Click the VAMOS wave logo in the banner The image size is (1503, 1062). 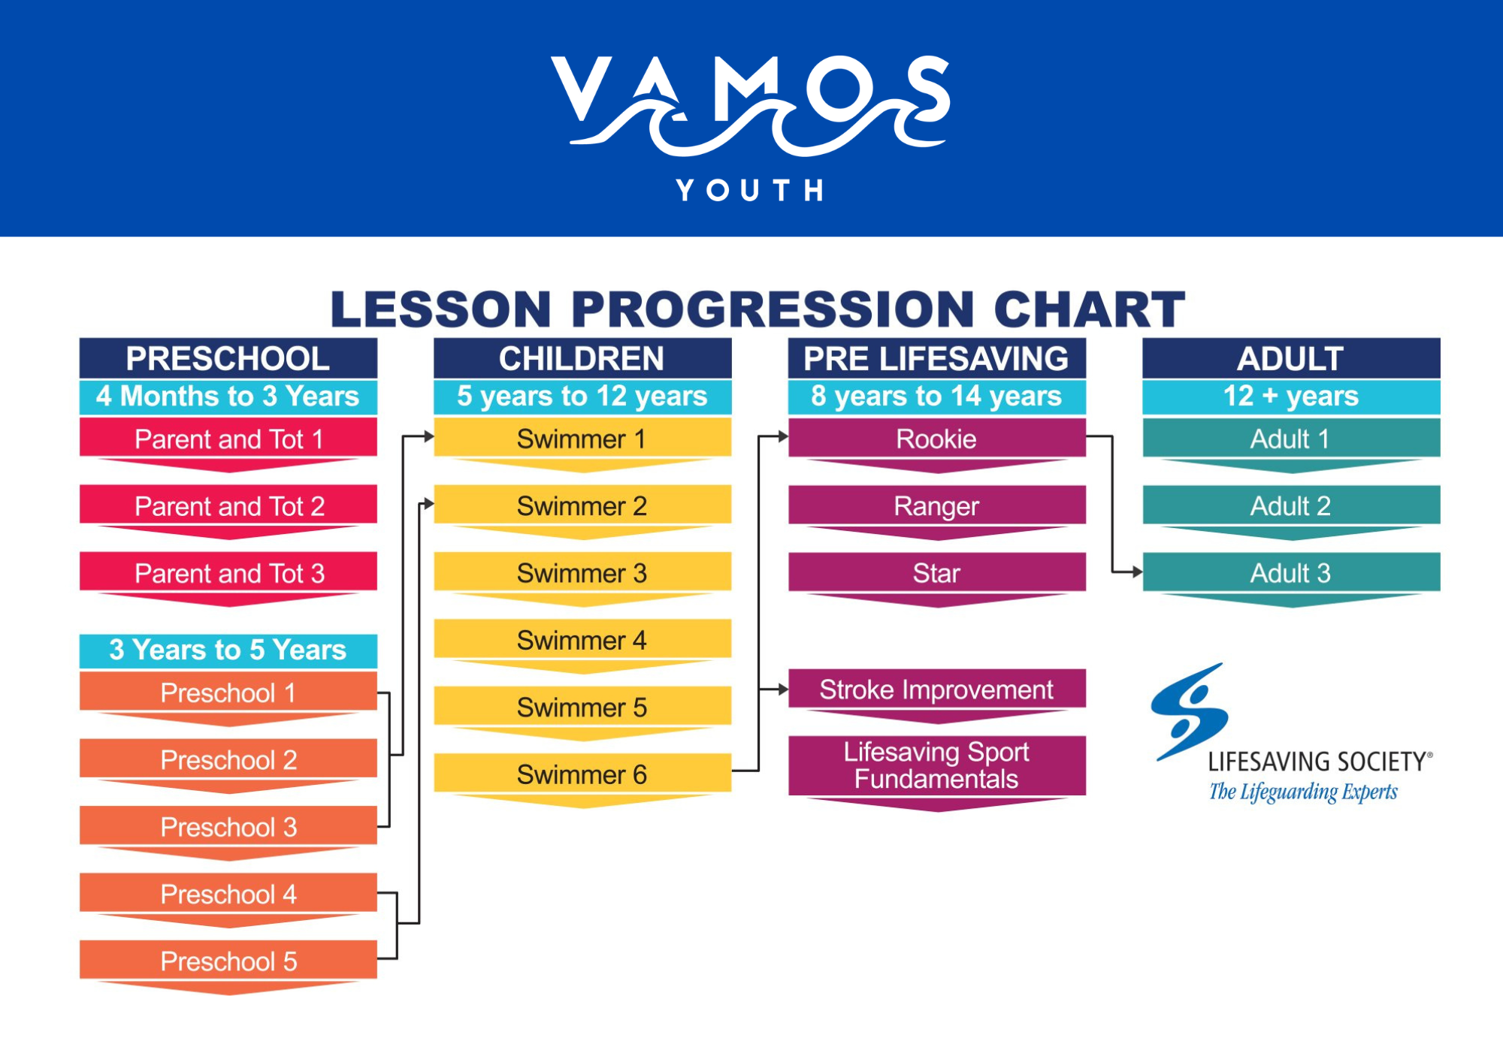[750, 105]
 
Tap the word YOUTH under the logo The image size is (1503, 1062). [750, 190]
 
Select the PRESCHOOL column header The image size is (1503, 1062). [228, 358]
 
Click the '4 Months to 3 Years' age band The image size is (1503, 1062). [228, 397]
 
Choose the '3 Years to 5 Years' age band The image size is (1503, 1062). [228, 650]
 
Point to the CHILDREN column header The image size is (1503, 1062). [582, 358]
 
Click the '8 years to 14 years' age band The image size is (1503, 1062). [937, 397]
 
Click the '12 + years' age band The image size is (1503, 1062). [1291, 397]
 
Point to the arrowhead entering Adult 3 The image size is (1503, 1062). [1138, 572]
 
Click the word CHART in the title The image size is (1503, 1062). [1089, 309]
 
